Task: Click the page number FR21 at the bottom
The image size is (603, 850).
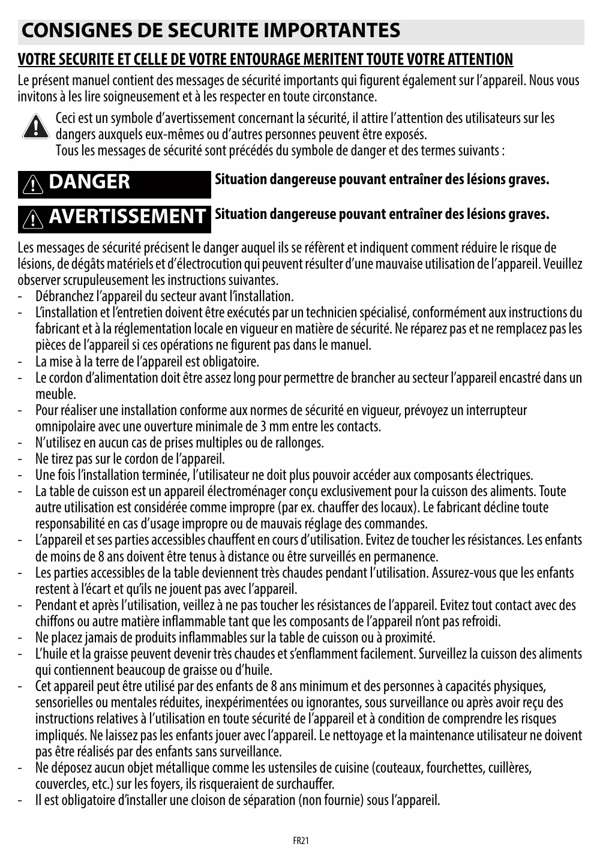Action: tap(301, 840)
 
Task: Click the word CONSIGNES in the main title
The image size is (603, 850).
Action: tap(73, 31)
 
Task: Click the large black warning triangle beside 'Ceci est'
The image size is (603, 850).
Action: tap(35, 126)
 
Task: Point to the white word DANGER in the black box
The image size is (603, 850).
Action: tap(89, 182)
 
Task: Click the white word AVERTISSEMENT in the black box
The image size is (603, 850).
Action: tap(127, 217)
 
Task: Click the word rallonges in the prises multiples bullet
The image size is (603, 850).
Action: tap(302, 443)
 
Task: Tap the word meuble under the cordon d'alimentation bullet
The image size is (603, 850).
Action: tap(55, 394)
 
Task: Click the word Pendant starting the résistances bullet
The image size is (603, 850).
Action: tap(56, 605)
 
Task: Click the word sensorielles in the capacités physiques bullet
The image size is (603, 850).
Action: tap(64, 702)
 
